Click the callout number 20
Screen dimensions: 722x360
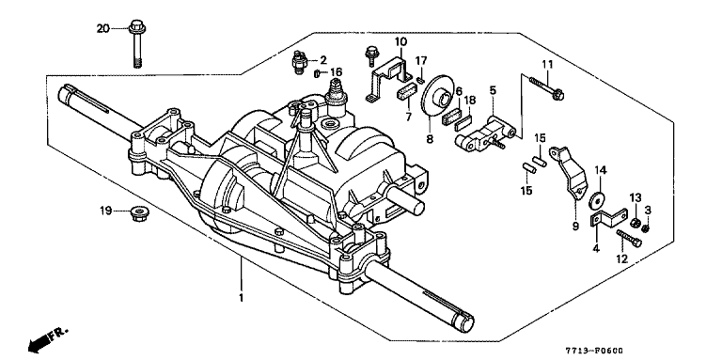(x=102, y=29)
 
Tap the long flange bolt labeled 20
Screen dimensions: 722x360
(x=136, y=43)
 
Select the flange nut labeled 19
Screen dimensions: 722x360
(x=136, y=213)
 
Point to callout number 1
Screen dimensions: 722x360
(x=241, y=298)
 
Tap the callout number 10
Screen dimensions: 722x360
(x=400, y=42)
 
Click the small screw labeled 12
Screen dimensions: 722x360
(x=629, y=238)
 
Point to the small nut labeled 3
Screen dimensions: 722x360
(x=645, y=227)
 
